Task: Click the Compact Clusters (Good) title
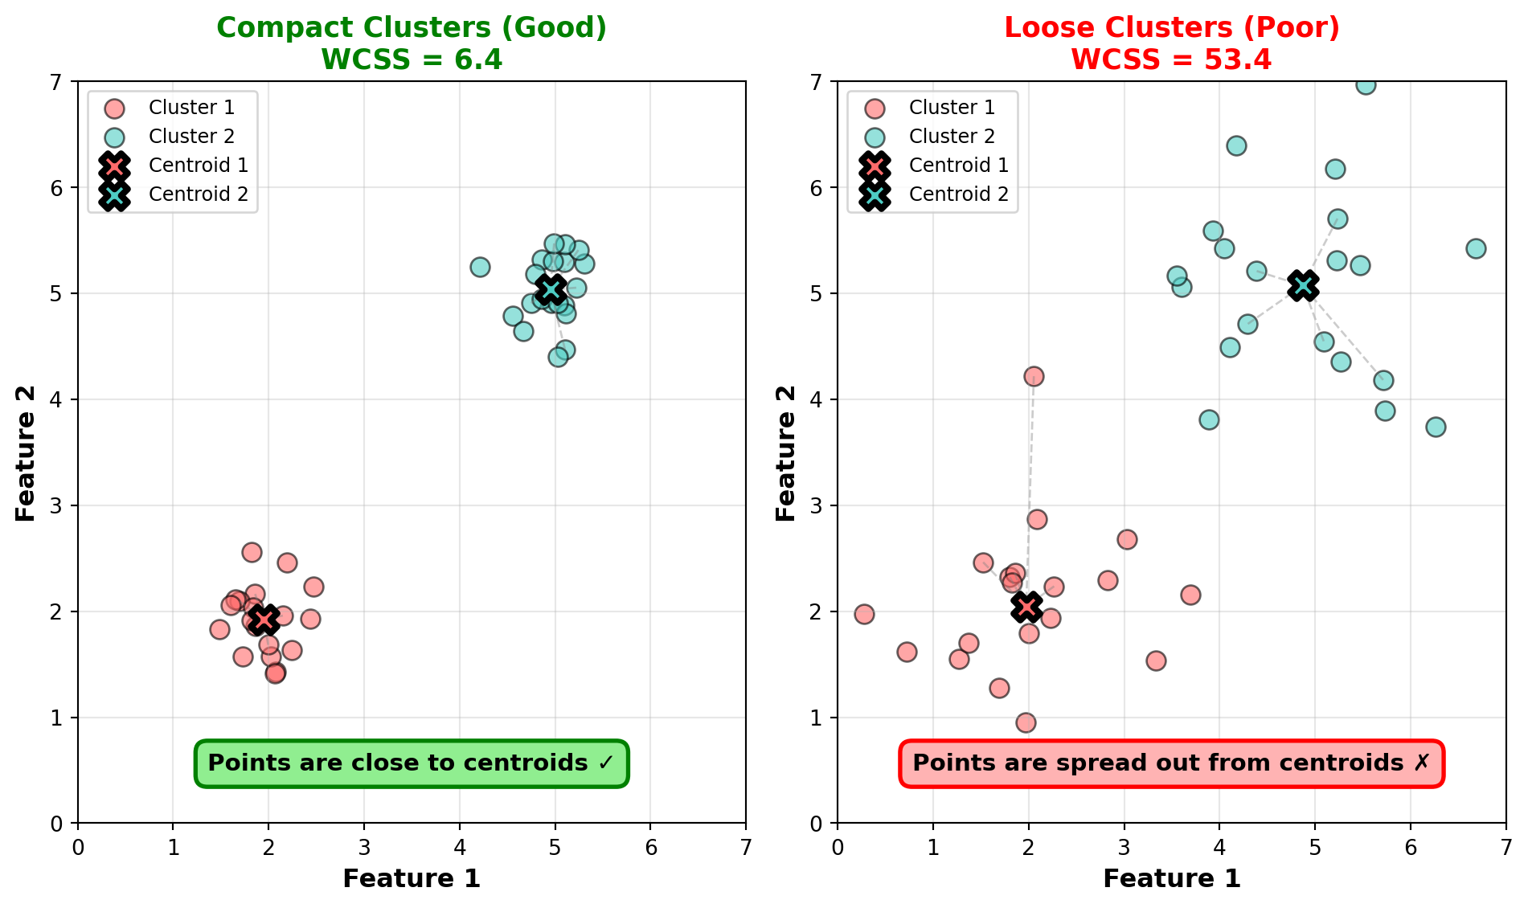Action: tap(412, 28)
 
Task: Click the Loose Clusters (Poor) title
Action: tap(1171, 28)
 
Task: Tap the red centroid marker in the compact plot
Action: tap(264, 620)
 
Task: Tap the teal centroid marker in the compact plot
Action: tap(551, 289)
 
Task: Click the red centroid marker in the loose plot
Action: tap(1026, 606)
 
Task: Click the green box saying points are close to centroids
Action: tap(412, 763)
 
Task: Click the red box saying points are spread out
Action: tap(1171, 763)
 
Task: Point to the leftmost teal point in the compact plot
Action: tap(480, 267)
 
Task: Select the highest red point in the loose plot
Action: tap(1034, 376)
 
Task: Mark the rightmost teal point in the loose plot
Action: tap(1476, 248)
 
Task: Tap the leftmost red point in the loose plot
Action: tap(864, 614)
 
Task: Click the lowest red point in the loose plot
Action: tap(1026, 722)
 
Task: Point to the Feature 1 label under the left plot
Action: tap(412, 879)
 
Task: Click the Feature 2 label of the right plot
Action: tap(786, 453)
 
